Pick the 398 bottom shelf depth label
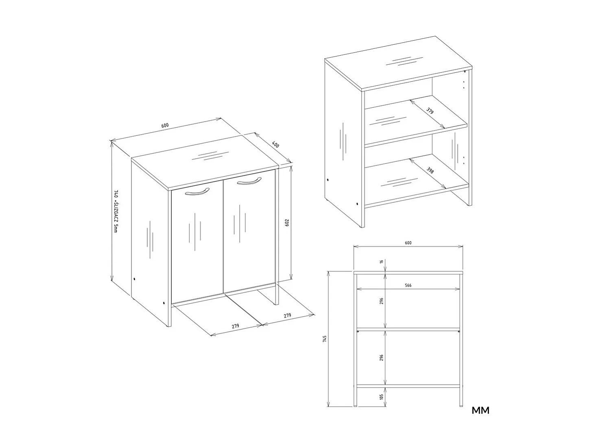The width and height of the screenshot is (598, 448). pos(430,170)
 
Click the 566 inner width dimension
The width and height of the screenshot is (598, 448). pos(408,285)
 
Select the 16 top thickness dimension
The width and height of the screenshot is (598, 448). pos(382,262)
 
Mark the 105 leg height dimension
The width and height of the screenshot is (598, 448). pos(382,396)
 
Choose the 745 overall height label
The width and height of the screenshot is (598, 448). pos(325,339)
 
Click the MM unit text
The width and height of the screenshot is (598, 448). pos(480,410)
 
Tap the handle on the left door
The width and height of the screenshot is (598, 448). pos(197,192)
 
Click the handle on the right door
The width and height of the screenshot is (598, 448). pos(249,181)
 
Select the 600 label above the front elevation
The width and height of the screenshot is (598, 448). pos(408,243)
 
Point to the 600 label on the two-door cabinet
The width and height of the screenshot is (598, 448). pos(165,126)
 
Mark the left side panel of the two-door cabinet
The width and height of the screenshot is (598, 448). pos(150,244)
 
